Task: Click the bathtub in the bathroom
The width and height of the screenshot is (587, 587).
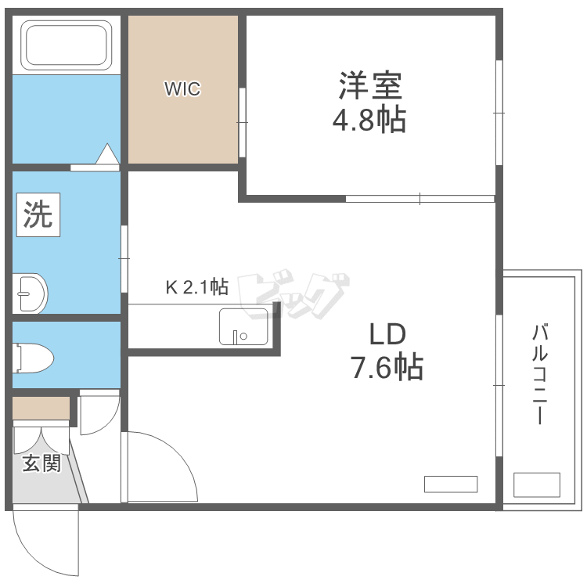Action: [x=67, y=45]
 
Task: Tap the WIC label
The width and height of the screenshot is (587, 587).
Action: [x=182, y=89]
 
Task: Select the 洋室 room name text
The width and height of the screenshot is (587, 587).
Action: [x=370, y=86]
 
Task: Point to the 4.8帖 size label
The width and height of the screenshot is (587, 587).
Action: [x=369, y=120]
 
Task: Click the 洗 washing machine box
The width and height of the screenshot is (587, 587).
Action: [x=38, y=214]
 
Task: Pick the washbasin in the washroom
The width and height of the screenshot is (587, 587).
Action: [x=30, y=293]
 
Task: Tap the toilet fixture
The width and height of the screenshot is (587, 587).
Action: [x=33, y=358]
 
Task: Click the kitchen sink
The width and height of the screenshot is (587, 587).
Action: [x=243, y=326]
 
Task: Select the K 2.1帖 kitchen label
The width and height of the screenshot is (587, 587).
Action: [x=197, y=287]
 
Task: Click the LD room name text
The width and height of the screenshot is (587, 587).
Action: [x=387, y=334]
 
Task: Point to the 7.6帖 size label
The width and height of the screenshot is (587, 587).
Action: [x=387, y=367]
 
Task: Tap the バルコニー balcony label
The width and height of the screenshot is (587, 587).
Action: [x=540, y=375]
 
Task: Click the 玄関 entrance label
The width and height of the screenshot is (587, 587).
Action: [x=41, y=463]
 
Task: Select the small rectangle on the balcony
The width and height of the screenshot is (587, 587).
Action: [x=537, y=484]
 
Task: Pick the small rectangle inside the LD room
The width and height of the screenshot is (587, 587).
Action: [x=451, y=484]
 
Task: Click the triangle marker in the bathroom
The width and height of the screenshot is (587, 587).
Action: [x=108, y=154]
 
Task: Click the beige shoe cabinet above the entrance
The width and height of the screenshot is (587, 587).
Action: [x=41, y=408]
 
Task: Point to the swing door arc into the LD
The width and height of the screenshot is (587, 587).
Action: [x=178, y=455]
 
